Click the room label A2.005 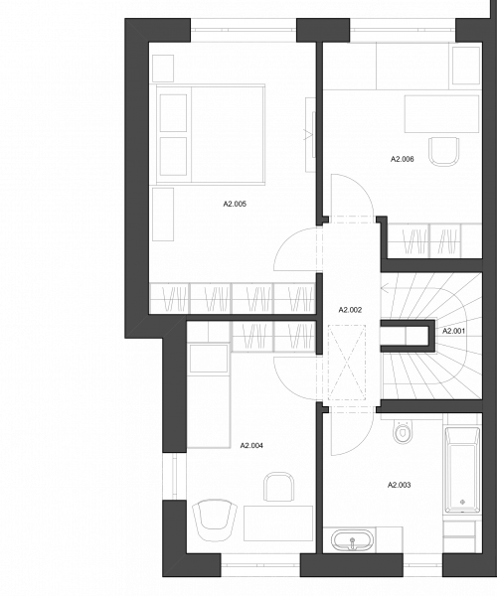tap(235, 204)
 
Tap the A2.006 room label tap(403, 159)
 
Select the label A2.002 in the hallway tap(350, 310)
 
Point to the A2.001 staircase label tap(453, 331)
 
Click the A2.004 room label tap(251, 445)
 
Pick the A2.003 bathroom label tap(400, 485)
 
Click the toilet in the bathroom tap(403, 431)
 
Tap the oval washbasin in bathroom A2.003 tap(353, 539)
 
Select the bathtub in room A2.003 tap(462, 470)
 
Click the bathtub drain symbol tap(463, 502)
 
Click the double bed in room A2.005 tap(211, 134)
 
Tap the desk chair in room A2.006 tap(443, 151)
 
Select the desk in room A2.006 tap(441, 114)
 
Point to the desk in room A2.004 tap(278, 523)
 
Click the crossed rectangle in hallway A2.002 tap(347, 363)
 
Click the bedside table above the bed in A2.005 tap(163, 69)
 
